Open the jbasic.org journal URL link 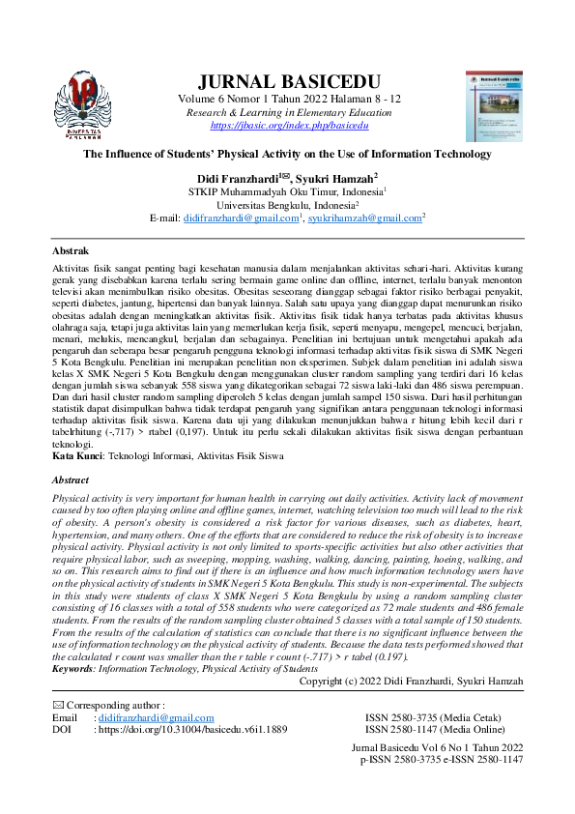pyautogui.click(x=289, y=126)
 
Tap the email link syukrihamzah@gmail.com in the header pyautogui.click(x=364, y=219)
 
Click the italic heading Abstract pyautogui.click(x=72, y=479)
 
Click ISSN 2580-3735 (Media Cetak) pyautogui.click(x=425, y=718)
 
